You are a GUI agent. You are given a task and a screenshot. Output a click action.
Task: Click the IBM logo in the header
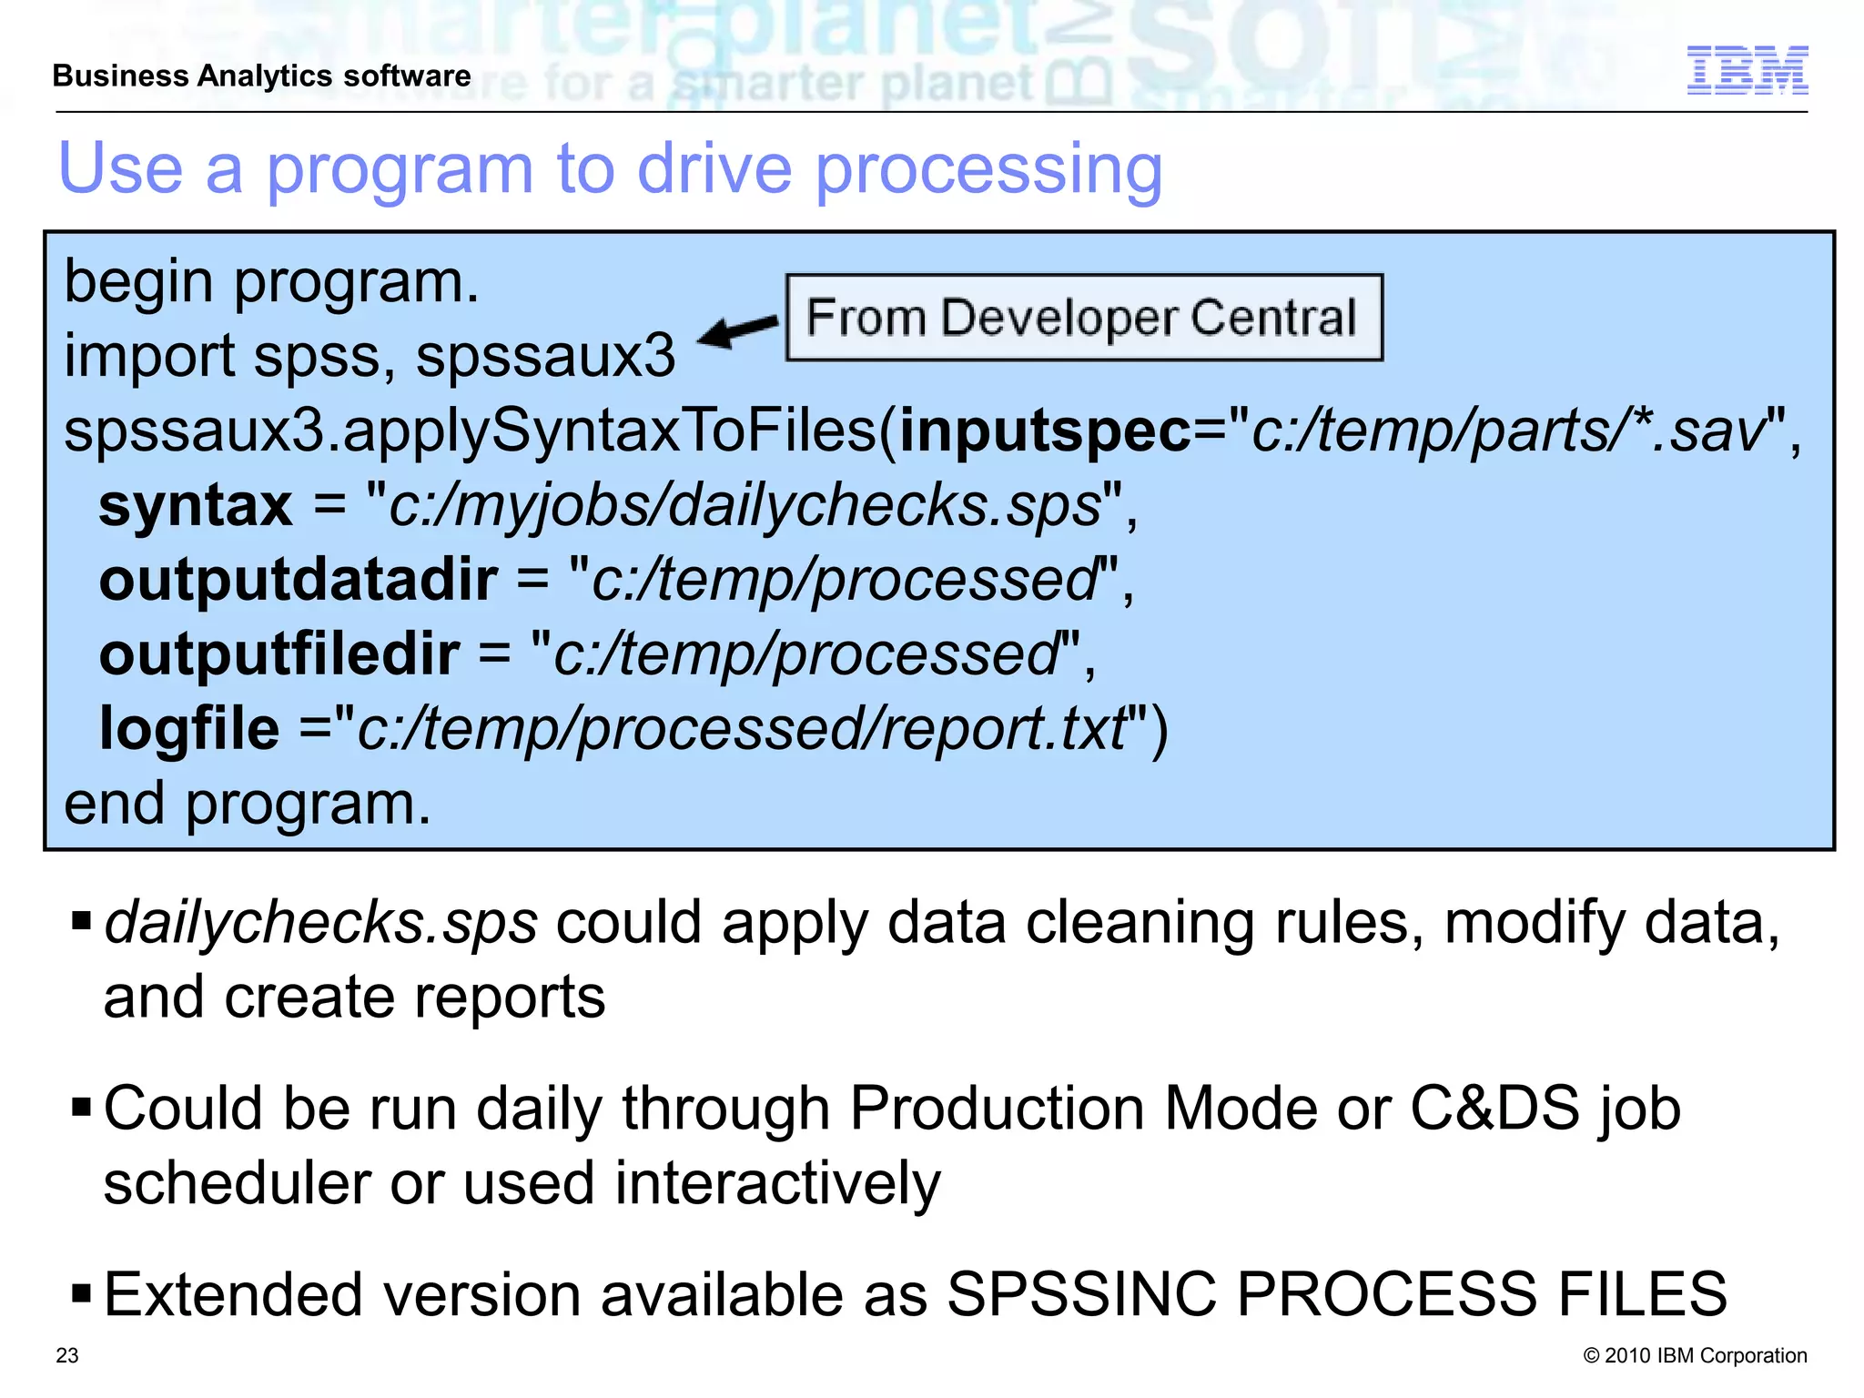[1747, 70]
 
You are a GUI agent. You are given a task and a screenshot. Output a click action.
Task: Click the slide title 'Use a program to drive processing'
[610, 169]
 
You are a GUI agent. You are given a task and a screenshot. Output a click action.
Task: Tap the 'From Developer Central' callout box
[1083, 318]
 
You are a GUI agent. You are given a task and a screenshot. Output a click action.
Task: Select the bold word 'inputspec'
[1045, 431]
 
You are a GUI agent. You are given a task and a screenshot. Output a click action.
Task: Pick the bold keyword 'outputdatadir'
[298, 580]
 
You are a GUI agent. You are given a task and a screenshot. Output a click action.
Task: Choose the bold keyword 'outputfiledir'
[279, 654]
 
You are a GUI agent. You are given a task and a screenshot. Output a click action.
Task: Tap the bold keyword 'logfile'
[188, 729]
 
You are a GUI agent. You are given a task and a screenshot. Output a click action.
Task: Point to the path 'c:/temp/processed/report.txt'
[742, 729]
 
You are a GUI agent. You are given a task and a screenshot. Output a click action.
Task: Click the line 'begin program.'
[271, 282]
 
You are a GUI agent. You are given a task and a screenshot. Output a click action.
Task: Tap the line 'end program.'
[248, 805]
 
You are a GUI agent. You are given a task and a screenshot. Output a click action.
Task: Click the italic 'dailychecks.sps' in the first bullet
[320, 923]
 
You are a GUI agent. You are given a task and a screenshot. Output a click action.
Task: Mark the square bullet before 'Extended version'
[81, 1292]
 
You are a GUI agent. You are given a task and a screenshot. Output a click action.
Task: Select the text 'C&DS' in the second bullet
[1494, 1109]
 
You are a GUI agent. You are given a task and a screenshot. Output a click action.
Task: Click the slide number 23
[67, 1355]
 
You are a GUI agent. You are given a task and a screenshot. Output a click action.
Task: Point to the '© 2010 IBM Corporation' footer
[1695, 1355]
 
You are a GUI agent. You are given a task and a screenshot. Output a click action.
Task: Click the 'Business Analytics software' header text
[261, 76]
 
